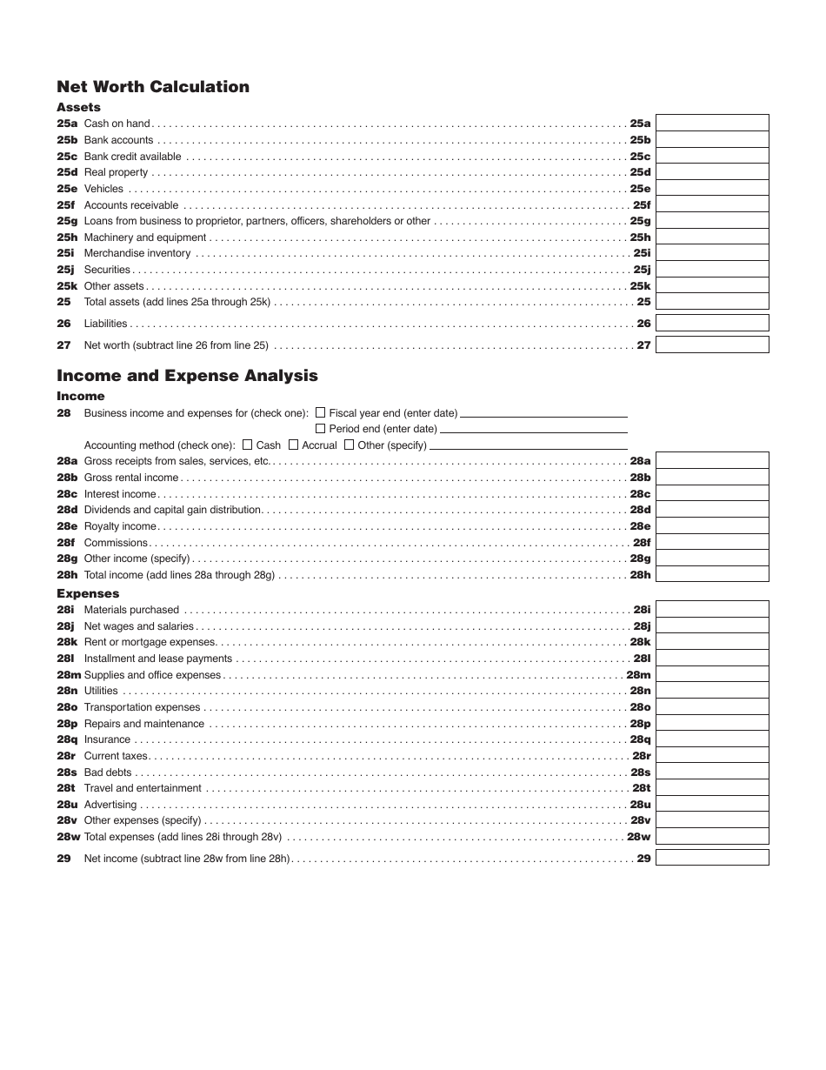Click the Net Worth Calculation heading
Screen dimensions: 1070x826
click(x=153, y=86)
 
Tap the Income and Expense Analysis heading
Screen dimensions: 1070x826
click(x=187, y=376)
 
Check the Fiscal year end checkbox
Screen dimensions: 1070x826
click(x=321, y=412)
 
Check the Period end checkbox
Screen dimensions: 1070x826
click(x=321, y=428)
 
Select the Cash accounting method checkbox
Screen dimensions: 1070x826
click(x=248, y=445)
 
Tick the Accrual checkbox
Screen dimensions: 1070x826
click(x=293, y=445)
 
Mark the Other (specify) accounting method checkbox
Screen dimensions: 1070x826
click(x=350, y=445)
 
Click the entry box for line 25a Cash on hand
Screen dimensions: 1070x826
click(x=712, y=124)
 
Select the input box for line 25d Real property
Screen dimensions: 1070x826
click(x=712, y=172)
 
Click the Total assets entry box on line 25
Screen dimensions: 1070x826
click(x=712, y=302)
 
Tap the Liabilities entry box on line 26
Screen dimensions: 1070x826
click(x=712, y=324)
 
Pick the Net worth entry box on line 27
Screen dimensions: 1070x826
click(x=712, y=344)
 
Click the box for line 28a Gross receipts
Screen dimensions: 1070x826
click(x=712, y=461)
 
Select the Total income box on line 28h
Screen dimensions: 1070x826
click(x=712, y=575)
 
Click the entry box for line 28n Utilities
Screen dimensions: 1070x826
click(x=712, y=691)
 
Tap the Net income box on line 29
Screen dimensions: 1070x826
click(x=712, y=858)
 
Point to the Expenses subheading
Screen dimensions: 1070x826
click(x=88, y=593)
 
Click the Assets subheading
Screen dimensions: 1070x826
click(x=78, y=107)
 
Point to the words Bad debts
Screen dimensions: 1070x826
click(x=108, y=772)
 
